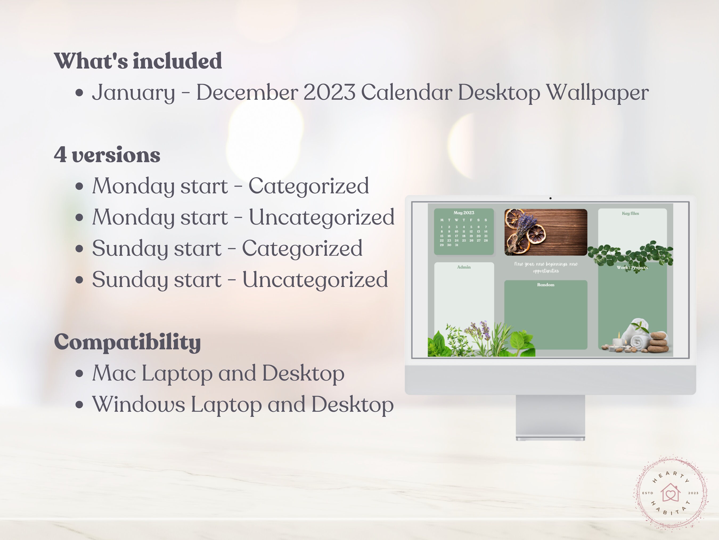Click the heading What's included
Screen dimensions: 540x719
138,61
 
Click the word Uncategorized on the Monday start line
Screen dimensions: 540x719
321,217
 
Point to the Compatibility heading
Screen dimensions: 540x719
127,342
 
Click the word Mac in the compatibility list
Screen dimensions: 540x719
114,373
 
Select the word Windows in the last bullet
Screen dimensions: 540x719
138,404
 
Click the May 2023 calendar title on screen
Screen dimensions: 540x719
464,213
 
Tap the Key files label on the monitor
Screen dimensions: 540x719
630,214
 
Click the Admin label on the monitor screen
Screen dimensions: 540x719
464,267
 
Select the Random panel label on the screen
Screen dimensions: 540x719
546,285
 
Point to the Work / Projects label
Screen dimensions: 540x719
632,267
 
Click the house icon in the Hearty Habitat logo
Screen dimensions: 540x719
670,493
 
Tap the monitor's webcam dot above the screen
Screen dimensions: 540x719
550,198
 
